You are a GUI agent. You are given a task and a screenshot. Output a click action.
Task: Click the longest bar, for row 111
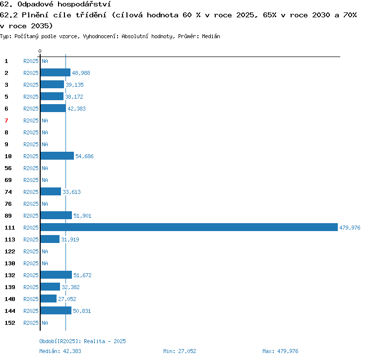pos(189,227)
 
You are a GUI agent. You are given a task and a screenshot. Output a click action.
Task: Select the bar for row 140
pos(49,299)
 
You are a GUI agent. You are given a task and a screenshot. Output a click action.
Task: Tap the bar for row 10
pos(57,156)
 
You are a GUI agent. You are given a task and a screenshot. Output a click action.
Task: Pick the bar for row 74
pos(51,191)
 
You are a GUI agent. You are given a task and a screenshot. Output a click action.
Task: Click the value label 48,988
pos(81,73)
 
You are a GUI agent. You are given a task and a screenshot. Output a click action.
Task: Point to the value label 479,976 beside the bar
pos(350,228)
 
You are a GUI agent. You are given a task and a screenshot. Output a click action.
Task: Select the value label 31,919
pos(70,240)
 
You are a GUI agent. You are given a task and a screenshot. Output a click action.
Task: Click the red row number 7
pos(6,120)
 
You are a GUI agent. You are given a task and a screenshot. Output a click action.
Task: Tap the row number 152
pos(10,323)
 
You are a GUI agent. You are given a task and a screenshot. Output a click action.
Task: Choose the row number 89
pos(8,216)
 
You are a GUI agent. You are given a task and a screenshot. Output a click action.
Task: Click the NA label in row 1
pos(45,61)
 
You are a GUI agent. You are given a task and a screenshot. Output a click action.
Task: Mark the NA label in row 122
pos(45,251)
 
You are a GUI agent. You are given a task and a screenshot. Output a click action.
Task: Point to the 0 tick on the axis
pos(40,51)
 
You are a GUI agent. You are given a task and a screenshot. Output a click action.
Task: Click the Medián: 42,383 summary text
pos(60,351)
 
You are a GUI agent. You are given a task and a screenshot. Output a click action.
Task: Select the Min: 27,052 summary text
pos(180,351)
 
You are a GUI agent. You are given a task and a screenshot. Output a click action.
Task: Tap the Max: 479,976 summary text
pos(280,351)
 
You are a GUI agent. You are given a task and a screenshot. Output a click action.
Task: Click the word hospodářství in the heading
pos(84,4)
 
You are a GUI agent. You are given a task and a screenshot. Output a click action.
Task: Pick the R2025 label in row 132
pos(31,275)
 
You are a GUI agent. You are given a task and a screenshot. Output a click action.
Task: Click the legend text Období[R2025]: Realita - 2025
pos(82,341)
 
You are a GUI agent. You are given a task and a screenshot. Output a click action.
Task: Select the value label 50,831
pos(82,311)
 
